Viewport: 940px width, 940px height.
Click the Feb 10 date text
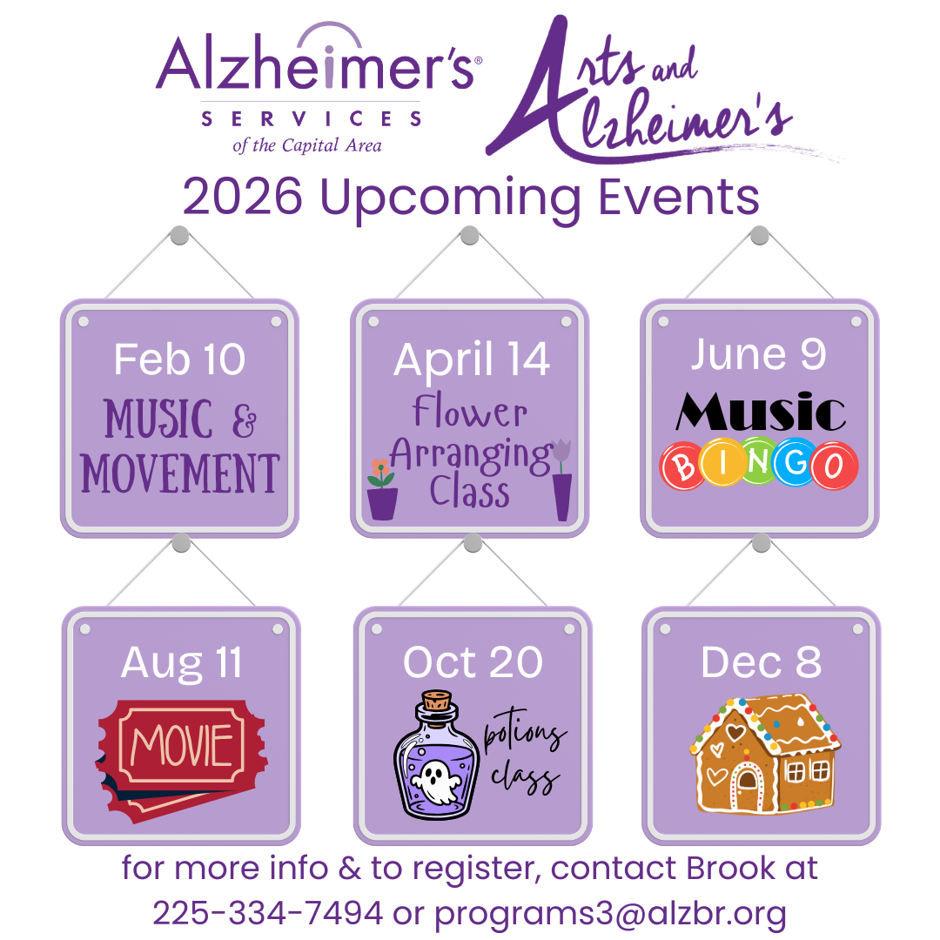tap(179, 359)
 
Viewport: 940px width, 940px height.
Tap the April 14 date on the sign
tap(471, 359)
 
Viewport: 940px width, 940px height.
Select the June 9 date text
tap(758, 355)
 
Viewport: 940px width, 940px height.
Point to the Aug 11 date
tap(181, 663)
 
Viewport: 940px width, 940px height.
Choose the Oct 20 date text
tap(473, 662)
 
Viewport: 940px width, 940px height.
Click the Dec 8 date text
tap(762, 662)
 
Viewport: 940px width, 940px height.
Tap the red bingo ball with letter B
tap(682, 466)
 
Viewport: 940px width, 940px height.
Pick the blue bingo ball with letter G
tap(795, 461)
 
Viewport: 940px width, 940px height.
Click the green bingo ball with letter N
tap(758, 461)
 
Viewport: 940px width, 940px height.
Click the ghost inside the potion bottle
tap(438, 781)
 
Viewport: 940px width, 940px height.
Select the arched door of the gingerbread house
tap(747, 787)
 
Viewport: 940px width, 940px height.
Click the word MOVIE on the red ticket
tap(182, 745)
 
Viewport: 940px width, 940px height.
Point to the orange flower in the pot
tap(380, 467)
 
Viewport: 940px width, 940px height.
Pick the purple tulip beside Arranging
tap(561, 451)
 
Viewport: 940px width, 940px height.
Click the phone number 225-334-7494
tap(267, 913)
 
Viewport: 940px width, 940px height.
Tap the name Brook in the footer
tap(730, 868)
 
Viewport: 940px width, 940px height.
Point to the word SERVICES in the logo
tap(311, 118)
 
